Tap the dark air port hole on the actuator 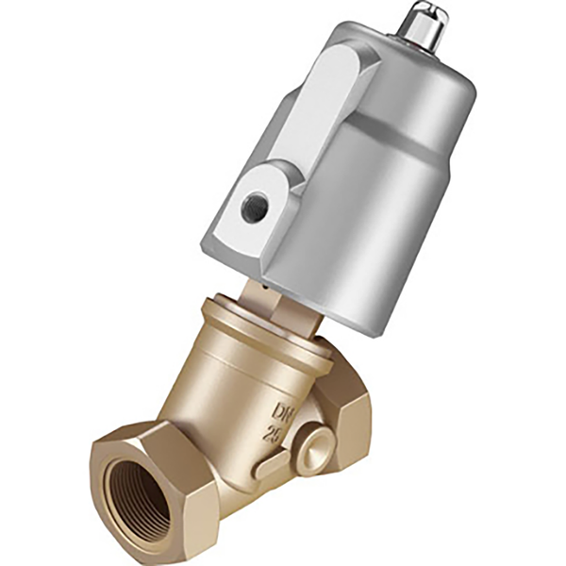point(253,208)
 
